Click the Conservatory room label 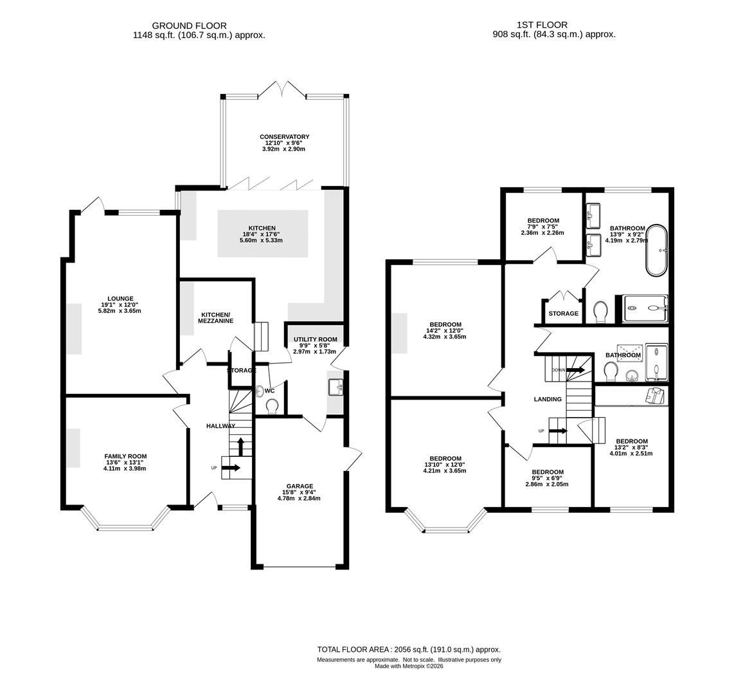(284, 137)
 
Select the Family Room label (125, 456)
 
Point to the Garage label (300, 486)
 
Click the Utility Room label (315, 339)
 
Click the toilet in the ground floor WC (271, 406)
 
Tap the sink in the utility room (336, 387)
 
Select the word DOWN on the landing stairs (559, 370)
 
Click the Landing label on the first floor (548, 399)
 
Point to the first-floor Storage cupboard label (563, 313)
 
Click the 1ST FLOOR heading (542, 25)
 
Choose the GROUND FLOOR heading (189, 26)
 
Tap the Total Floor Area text (409, 649)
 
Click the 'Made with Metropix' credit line (409, 666)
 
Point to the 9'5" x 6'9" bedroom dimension (547, 478)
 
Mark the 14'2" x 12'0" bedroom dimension (445, 330)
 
